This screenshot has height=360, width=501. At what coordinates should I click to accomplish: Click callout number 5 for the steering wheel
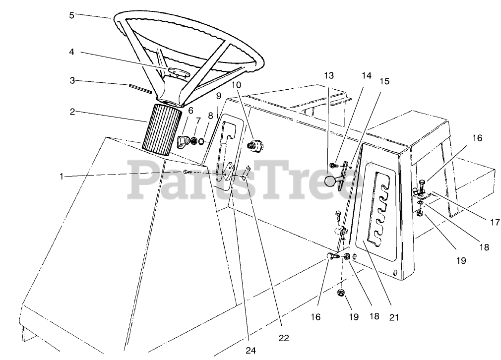(71, 15)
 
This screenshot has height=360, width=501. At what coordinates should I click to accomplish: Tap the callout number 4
(71, 51)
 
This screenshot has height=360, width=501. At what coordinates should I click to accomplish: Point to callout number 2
(72, 112)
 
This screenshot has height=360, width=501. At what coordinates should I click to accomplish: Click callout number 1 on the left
(61, 176)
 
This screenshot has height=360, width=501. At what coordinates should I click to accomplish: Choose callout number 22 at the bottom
(283, 338)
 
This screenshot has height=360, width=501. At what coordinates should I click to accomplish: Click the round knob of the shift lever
(331, 182)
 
